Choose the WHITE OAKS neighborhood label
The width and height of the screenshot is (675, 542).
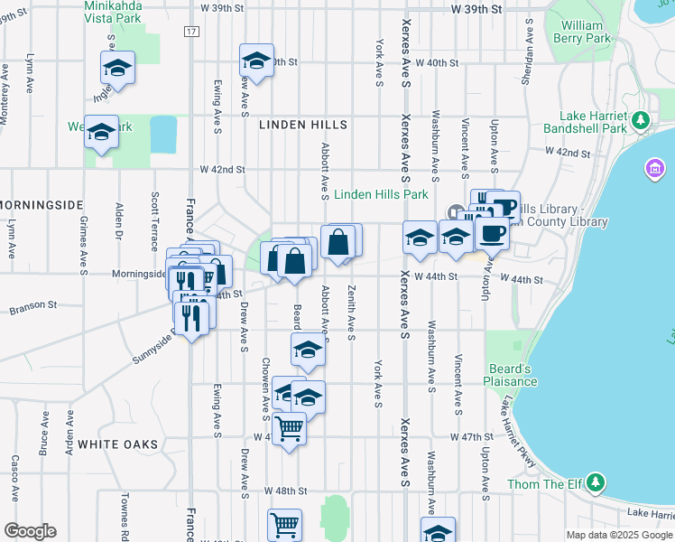coord(117,444)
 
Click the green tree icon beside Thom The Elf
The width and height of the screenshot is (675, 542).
coord(595,483)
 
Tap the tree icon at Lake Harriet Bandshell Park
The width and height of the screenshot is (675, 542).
coord(641,119)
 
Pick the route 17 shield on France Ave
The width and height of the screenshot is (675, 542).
coord(190,32)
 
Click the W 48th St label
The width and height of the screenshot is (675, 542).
coord(286,491)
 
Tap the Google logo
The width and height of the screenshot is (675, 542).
coord(30,531)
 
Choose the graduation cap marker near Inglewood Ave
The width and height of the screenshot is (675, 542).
coord(117,68)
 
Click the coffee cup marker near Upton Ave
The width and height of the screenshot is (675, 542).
coord(492,234)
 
